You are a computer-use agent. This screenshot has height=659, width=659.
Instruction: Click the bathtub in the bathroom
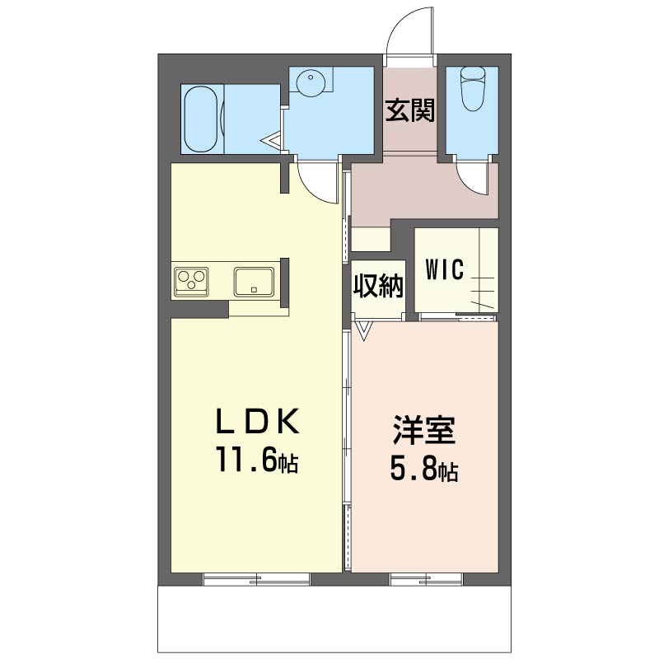coord(200,119)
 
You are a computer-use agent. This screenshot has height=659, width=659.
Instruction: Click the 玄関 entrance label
coord(410,110)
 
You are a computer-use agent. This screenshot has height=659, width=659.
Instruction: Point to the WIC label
coord(444,269)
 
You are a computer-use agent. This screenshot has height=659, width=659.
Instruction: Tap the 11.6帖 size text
coord(256,458)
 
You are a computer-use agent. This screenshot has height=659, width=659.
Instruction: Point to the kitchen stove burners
coord(191,280)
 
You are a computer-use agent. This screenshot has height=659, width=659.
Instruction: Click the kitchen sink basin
coord(255,281)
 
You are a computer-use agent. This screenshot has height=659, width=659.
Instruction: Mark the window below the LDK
coord(256,579)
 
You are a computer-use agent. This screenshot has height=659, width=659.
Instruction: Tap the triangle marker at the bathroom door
coord(273,141)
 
